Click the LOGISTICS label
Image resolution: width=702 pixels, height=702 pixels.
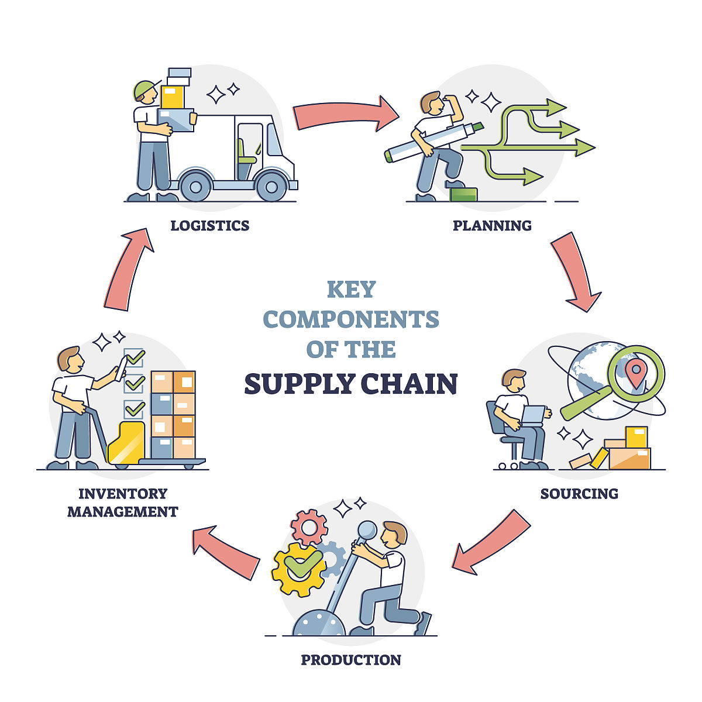point(209,225)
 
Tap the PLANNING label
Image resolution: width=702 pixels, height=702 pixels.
point(492,225)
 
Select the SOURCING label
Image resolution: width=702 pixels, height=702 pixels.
point(579,493)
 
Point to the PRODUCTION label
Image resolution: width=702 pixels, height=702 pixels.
point(351,660)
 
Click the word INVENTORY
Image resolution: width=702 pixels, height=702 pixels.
point(123,493)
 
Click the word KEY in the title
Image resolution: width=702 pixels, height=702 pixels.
point(351,290)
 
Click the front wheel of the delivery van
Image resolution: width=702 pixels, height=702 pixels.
point(271,186)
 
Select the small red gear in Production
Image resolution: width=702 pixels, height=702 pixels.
point(309,525)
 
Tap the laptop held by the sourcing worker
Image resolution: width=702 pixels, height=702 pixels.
point(533,415)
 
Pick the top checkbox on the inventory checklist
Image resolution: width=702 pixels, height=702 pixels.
point(134,357)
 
